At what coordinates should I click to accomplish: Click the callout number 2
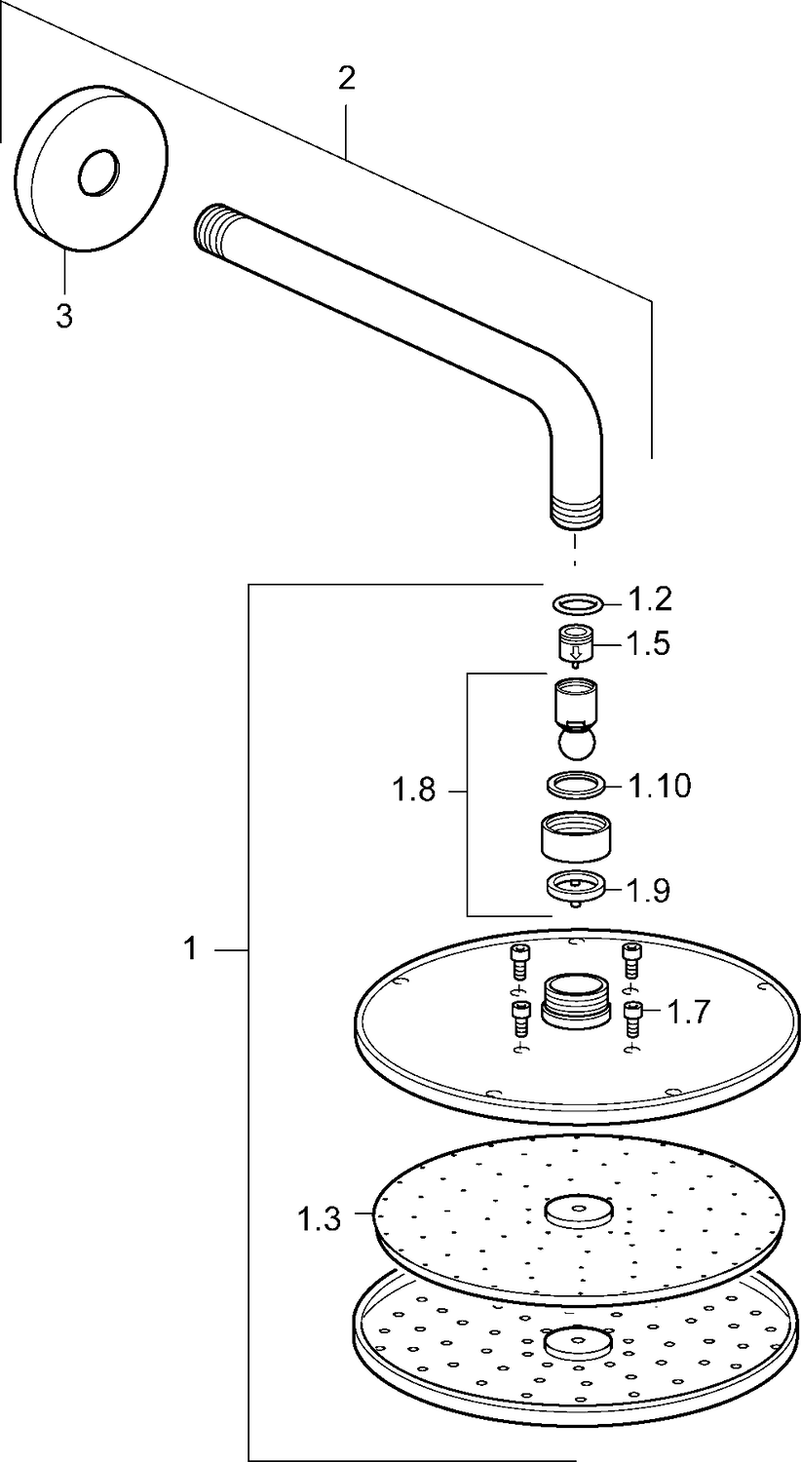point(346,80)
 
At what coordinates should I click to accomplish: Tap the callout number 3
point(64,317)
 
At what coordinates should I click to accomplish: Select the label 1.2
point(650,599)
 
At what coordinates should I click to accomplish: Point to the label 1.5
point(648,643)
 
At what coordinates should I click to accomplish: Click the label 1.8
point(413,791)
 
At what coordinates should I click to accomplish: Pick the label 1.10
point(659,786)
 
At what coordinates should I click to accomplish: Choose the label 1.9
point(648,890)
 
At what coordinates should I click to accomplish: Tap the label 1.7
point(688,1013)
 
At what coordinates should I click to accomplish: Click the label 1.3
point(319,1218)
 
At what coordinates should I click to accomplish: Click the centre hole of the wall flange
point(99,173)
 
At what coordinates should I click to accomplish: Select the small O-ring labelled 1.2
point(578,603)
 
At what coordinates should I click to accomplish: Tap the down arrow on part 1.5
point(575,652)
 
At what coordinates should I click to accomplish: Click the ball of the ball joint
point(577,744)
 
